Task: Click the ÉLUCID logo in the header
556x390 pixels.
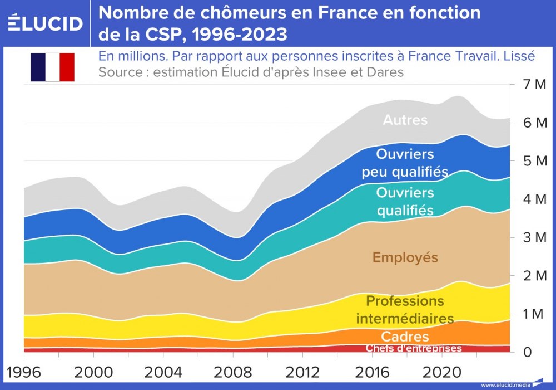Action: pyautogui.click(x=46, y=23)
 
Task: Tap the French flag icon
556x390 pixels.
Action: pyautogui.click(x=52, y=67)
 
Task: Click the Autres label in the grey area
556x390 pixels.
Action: pyautogui.click(x=405, y=120)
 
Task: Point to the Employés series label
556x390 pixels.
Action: pyautogui.click(x=405, y=257)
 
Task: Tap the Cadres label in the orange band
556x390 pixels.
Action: pyautogui.click(x=405, y=337)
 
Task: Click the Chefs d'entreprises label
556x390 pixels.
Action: pyautogui.click(x=414, y=348)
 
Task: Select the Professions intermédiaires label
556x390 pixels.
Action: pyautogui.click(x=405, y=310)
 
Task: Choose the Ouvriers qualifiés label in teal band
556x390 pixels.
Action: pyautogui.click(x=405, y=201)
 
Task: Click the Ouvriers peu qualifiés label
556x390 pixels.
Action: pyautogui.click(x=405, y=163)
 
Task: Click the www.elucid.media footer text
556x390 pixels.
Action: pyautogui.click(x=505, y=384)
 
